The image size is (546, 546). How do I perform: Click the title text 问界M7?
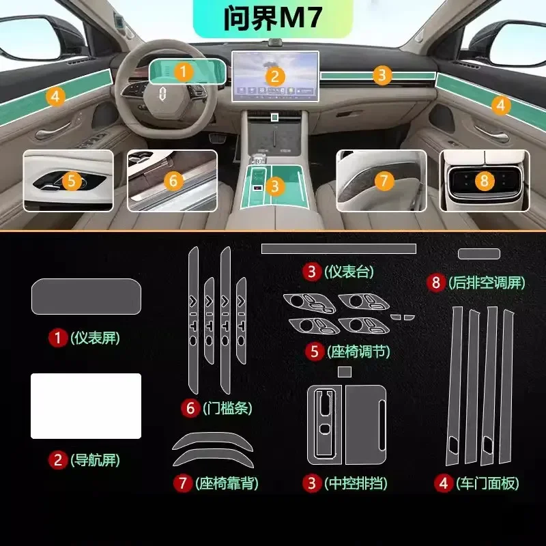click(x=272, y=18)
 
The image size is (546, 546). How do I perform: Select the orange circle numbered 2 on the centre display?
click(x=274, y=76)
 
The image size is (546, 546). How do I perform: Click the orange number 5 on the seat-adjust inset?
click(x=72, y=181)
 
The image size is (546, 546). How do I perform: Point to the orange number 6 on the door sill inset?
click(x=173, y=181)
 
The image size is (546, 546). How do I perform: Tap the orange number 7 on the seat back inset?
click(x=384, y=181)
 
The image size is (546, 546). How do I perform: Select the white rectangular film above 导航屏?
click(x=86, y=405)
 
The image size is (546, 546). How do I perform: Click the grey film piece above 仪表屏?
click(x=86, y=298)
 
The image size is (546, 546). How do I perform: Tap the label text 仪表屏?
click(x=95, y=337)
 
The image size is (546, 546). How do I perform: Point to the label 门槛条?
click(x=227, y=409)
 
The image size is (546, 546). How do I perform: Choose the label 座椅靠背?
click(x=227, y=484)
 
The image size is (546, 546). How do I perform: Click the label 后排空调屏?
click(x=486, y=282)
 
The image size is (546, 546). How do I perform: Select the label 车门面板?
click(x=487, y=484)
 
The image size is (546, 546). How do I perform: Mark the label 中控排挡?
click(x=356, y=484)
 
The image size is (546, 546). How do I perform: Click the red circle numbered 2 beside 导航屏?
click(x=58, y=460)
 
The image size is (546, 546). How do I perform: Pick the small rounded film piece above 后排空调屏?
click(x=478, y=254)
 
